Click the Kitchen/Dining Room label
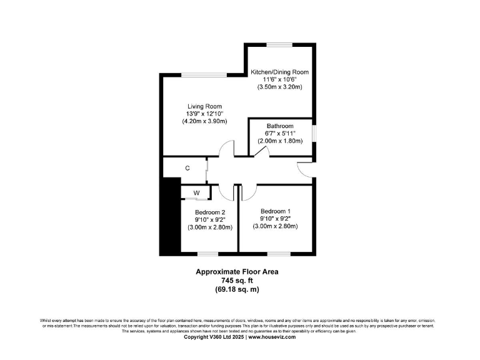279,72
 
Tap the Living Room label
204,106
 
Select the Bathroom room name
279,126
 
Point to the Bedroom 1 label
276,211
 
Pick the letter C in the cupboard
187,168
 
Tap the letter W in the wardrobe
196,193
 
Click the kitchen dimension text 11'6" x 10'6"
279,80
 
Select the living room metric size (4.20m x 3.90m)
204,121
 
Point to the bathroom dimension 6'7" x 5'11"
279,134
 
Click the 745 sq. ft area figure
237,281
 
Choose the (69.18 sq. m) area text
237,289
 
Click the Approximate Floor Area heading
237,272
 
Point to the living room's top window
204,75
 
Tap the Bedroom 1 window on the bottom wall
276,254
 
